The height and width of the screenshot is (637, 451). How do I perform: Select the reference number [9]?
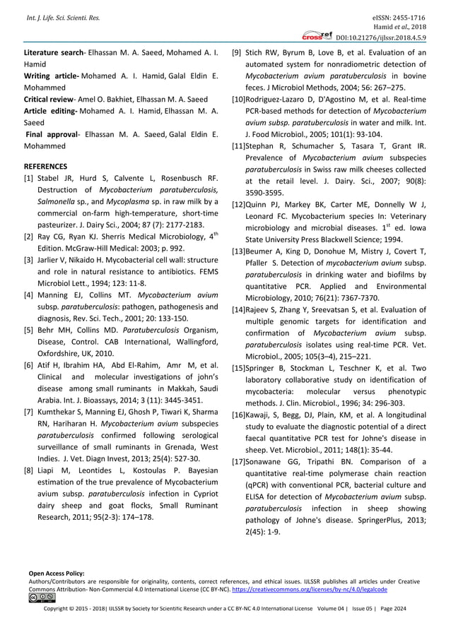point(238,52)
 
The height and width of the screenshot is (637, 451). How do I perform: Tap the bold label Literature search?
point(52,52)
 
